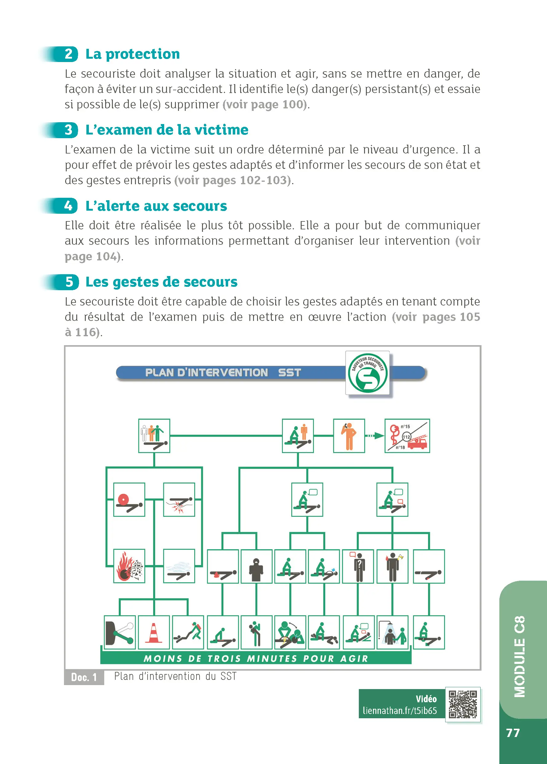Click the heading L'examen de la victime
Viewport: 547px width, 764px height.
pos(167,130)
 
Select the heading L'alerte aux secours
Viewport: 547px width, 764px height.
pos(156,206)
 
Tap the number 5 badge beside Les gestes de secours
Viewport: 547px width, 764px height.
pos(69,282)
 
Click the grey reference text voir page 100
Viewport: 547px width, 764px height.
pos(265,105)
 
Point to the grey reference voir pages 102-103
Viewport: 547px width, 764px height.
pos(233,181)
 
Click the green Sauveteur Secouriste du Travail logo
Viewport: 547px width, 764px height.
pos(367,373)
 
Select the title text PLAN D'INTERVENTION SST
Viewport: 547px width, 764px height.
pos(223,373)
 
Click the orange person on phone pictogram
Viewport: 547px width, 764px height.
pos(349,436)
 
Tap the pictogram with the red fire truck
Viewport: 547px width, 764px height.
pos(407,436)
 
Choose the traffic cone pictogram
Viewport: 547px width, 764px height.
pos(154,633)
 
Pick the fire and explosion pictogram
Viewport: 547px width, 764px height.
pos(129,566)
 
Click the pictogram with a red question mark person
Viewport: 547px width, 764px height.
pos(358,567)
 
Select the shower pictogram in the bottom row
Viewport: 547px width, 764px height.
pos(392,633)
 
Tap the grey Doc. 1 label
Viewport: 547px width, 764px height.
pos(84,677)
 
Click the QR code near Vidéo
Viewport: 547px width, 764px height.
pos(463,704)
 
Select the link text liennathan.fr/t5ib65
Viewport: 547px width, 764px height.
pos(399,711)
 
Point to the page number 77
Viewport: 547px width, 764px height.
pos(513,733)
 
